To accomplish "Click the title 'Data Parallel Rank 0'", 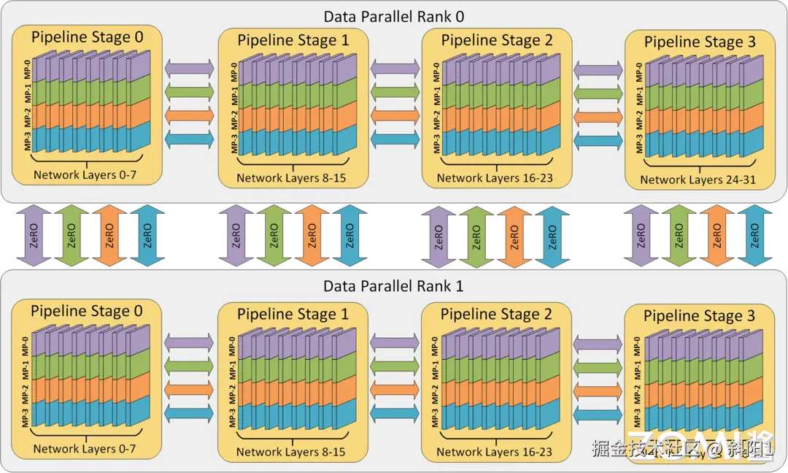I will [394, 15].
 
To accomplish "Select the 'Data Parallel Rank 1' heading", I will [394, 285].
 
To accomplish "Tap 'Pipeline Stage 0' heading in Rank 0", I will [87, 36].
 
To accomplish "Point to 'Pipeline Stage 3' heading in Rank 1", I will [700, 315].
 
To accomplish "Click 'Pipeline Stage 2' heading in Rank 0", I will [497, 39].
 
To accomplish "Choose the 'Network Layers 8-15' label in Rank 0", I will [291, 177].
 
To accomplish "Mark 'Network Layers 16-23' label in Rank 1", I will [494, 452].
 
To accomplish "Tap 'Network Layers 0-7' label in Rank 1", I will [85, 448].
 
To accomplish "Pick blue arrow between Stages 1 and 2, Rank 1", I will [394, 415].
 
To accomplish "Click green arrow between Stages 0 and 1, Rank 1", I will [190, 364].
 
